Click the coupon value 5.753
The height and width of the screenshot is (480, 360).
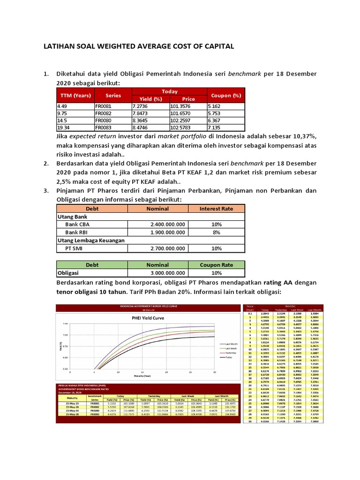point(216,113)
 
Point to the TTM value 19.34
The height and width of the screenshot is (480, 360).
point(64,127)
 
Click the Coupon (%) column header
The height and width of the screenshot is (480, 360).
point(226,95)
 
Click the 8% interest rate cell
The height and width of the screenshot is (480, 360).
point(216,232)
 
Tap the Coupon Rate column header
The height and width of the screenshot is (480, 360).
point(216,265)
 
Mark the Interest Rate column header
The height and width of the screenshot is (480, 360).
point(216,209)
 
